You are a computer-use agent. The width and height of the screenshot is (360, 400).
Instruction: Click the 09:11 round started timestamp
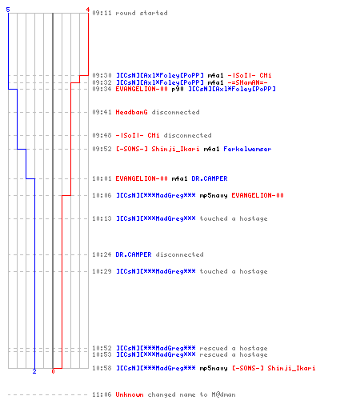tap(102, 13)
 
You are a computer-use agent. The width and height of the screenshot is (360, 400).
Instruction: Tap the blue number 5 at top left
tap(8, 10)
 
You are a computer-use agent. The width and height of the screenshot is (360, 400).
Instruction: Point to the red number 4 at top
tap(88, 10)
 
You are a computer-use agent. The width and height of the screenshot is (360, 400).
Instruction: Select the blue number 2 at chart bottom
tap(34, 371)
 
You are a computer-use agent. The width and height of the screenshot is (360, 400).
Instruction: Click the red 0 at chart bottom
tap(53, 371)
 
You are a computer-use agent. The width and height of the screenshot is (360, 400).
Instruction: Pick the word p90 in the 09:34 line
tap(178, 89)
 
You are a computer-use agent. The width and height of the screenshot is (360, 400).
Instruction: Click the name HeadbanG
tap(131, 112)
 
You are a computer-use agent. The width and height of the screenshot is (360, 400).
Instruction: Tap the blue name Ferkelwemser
tap(247, 149)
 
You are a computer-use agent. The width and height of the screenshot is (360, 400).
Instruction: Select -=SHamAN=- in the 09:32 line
tap(247, 82)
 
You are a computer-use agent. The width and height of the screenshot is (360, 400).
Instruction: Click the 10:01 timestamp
tap(102, 178)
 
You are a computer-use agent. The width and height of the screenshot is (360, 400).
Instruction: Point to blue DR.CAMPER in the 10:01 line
tap(210, 178)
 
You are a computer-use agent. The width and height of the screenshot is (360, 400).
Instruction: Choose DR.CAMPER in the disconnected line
tap(134, 254)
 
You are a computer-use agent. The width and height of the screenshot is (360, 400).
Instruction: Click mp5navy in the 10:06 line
tap(214, 195)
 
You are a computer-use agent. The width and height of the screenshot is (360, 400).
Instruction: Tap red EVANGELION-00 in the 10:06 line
tap(258, 195)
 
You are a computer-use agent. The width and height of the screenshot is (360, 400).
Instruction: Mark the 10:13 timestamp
tap(102, 218)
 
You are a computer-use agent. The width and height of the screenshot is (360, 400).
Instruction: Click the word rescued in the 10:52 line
tap(214, 348)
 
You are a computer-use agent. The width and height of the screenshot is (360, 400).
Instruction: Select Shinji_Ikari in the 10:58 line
tap(291, 368)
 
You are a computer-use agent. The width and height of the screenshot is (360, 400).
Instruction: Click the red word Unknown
tap(130, 394)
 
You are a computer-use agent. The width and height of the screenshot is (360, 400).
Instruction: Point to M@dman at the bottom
tap(223, 394)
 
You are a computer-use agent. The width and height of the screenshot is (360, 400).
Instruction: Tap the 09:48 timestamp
tap(102, 135)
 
